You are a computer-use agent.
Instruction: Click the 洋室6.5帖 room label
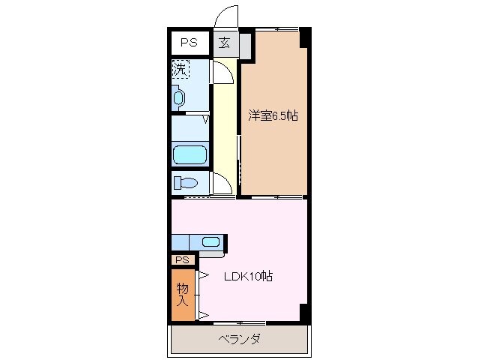pyautogui.click(x=273, y=115)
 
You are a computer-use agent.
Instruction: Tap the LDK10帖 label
pyautogui.click(x=249, y=276)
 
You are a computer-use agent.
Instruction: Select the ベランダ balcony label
pyautogui.click(x=239, y=339)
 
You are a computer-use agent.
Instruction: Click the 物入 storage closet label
pyautogui.click(x=182, y=293)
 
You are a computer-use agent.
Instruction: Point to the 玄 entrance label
pyautogui.click(x=224, y=43)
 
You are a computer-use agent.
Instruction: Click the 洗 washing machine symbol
pyautogui.click(x=180, y=69)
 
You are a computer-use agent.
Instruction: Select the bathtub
pyautogui.click(x=190, y=154)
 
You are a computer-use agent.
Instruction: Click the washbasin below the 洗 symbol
pyautogui.click(x=178, y=97)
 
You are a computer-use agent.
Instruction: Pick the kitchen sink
pyautogui.click(x=211, y=241)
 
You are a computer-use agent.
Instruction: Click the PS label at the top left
pyautogui.click(x=188, y=43)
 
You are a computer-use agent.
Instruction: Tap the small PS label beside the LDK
pyautogui.click(x=182, y=259)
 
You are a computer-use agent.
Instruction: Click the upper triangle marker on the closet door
pyautogui.click(x=202, y=275)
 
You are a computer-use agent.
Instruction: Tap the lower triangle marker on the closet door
pyautogui.click(x=202, y=313)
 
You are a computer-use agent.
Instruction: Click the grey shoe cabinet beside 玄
pyautogui.click(x=245, y=47)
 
